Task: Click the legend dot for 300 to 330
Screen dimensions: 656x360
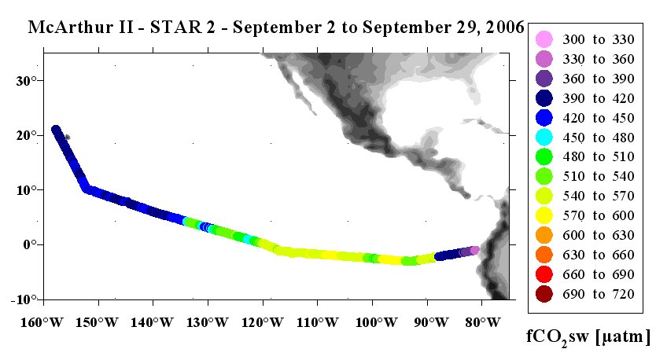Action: point(544,39)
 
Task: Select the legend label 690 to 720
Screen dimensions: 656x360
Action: point(599,294)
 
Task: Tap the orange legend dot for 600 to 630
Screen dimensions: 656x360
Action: point(544,235)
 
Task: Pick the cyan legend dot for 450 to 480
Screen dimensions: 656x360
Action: point(544,137)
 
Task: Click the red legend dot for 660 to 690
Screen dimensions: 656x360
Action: point(544,274)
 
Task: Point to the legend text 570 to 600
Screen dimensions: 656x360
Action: point(599,215)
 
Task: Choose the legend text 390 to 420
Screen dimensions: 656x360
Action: point(599,98)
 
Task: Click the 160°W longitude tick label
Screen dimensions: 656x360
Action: point(42,322)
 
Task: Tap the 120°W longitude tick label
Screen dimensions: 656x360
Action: point(263,322)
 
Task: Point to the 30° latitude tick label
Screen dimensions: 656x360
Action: point(29,81)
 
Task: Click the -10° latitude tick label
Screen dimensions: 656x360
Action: point(27,299)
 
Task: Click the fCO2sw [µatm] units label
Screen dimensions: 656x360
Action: point(588,336)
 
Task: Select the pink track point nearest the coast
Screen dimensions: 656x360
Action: point(475,250)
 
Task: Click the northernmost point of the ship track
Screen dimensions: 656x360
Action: point(55,130)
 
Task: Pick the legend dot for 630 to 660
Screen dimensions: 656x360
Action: point(544,255)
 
